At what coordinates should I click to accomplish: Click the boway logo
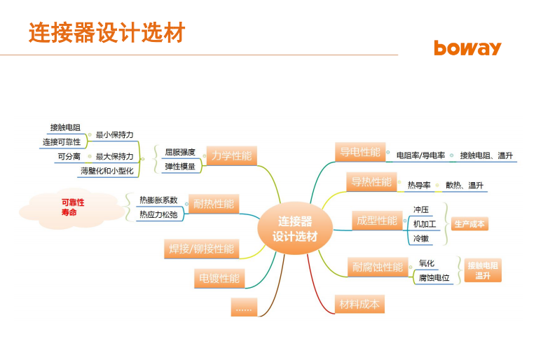(x=467, y=48)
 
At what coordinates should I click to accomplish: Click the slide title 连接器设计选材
(x=107, y=32)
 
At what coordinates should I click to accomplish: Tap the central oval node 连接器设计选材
(x=295, y=228)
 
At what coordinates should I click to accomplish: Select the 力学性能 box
(x=232, y=155)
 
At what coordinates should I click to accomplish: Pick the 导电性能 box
(x=360, y=152)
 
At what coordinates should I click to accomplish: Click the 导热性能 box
(x=371, y=181)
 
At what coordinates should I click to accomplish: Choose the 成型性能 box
(x=377, y=221)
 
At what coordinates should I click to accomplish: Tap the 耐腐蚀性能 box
(x=378, y=267)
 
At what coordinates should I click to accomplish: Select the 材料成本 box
(x=359, y=304)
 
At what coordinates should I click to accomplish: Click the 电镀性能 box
(x=219, y=278)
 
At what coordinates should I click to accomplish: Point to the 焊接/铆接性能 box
(x=201, y=249)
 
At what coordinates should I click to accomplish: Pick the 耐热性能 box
(x=214, y=204)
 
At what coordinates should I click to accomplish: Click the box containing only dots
(x=244, y=307)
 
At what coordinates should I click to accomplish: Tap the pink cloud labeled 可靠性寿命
(x=72, y=208)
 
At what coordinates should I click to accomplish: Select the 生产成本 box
(x=469, y=224)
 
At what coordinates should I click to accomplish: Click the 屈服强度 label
(x=180, y=152)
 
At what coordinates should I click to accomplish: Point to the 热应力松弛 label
(x=158, y=214)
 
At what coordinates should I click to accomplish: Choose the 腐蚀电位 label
(x=434, y=277)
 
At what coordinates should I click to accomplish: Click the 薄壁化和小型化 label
(x=107, y=171)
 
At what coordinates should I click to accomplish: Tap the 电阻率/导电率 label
(x=421, y=155)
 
